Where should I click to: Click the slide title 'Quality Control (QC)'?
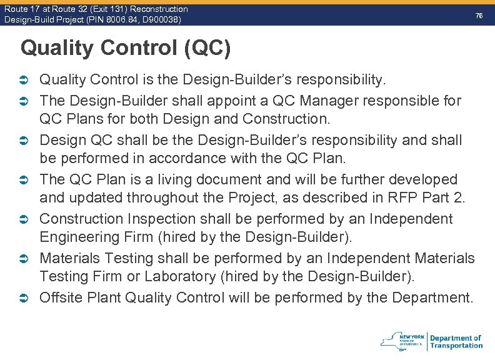pyautogui.click(x=125, y=48)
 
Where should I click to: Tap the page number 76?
pyautogui.click(x=479, y=15)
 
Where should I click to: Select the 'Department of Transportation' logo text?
pyautogui.click(x=456, y=341)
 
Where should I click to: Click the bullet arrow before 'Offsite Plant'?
pyautogui.click(x=26, y=298)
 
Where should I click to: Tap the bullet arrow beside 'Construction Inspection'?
pyautogui.click(x=26, y=219)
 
